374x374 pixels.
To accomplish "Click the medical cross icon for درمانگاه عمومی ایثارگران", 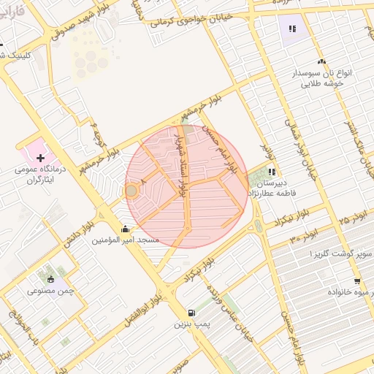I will click(x=40, y=158).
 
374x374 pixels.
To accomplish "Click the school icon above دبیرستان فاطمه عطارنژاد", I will click(x=272, y=172).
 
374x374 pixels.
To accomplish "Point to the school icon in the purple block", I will click(x=292, y=29).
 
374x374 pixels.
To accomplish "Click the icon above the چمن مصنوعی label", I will click(x=50, y=279).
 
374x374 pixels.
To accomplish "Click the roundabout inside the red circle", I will click(x=131, y=191).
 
